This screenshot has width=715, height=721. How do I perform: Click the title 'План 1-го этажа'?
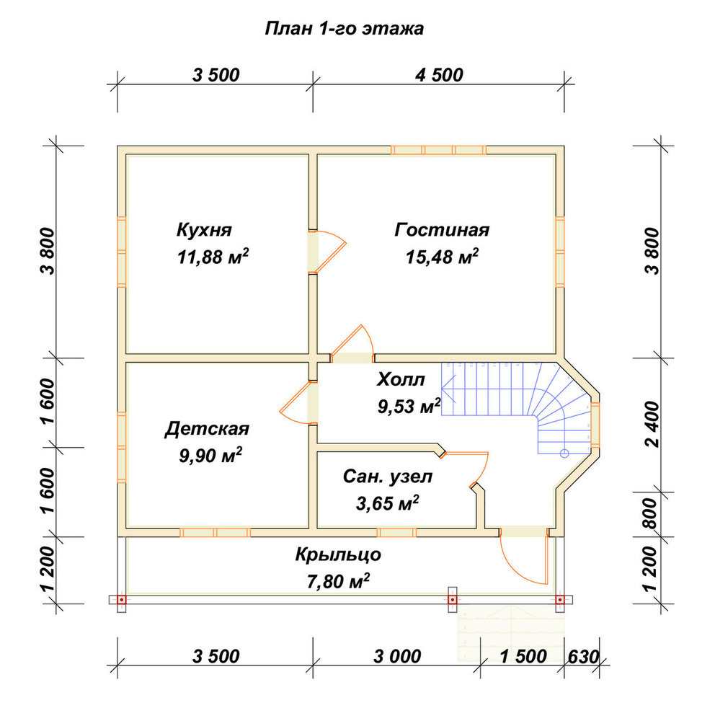[x=344, y=29]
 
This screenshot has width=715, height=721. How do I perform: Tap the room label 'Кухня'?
[x=204, y=229]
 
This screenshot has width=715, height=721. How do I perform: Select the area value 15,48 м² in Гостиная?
[x=442, y=257]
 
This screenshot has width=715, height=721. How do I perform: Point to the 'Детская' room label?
[x=207, y=428]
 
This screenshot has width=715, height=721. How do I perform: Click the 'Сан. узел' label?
[x=388, y=477]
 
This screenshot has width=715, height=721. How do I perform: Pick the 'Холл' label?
[x=401, y=380]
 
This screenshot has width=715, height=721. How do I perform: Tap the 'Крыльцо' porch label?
[x=338, y=554]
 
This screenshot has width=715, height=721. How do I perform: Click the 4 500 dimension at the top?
[x=439, y=75]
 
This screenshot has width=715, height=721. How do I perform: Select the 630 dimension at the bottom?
[x=584, y=657]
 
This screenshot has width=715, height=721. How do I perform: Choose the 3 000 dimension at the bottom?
[x=397, y=656]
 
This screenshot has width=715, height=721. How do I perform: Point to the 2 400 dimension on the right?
[x=652, y=424]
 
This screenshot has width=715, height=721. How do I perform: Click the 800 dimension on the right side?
[x=652, y=513]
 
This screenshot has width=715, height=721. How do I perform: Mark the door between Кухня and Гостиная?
[x=327, y=251]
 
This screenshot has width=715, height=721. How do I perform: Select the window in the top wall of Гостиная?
[x=439, y=150]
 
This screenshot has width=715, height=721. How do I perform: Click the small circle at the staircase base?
[x=564, y=454]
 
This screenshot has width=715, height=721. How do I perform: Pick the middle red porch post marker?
[x=453, y=600]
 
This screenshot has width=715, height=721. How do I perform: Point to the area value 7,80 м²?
[x=338, y=581]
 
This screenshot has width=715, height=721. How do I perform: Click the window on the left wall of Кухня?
[x=122, y=252]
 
